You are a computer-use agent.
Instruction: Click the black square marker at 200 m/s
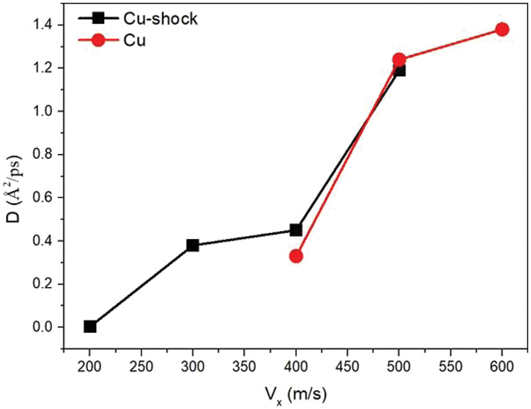(90, 326)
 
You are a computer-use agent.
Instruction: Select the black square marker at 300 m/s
(193, 245)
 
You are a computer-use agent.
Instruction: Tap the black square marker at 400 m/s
(296, 230)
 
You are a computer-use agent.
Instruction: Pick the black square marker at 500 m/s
(399, 70)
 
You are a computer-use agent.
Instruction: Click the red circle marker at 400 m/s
(296, 256)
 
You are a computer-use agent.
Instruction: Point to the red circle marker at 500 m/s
(399, 59)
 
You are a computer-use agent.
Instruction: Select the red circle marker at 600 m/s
(502, 29)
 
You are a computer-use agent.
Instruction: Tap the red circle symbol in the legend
(98, 41)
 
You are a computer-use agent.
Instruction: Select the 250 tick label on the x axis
(141, 369)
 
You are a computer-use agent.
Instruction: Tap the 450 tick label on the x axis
(348, 369)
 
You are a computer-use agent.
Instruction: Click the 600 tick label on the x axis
(502, 369)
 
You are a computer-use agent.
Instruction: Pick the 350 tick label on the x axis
(244, 369)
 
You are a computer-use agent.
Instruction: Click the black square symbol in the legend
(98, 18)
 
